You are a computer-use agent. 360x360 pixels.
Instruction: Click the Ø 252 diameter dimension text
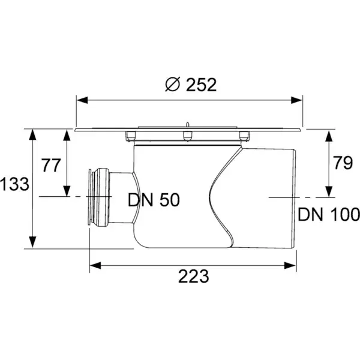(x=191, y=85)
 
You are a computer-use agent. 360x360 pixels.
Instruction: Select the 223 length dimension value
(x=194, y=276)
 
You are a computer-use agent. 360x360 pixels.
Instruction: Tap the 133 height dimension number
(x=14, y=184)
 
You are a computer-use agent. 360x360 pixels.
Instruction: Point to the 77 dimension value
(x=51, y=165)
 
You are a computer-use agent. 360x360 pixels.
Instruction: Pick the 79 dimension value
(x=343, y=163)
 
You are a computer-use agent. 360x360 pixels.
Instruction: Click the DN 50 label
(x=154, y=200)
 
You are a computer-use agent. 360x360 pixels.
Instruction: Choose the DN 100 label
(x=329, y=214)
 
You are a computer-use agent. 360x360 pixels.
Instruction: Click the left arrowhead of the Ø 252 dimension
(x=82, y=100)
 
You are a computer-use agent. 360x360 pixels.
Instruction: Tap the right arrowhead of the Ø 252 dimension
(x=296, y=100)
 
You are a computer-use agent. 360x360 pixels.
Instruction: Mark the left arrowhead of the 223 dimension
(x=95, y=265)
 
